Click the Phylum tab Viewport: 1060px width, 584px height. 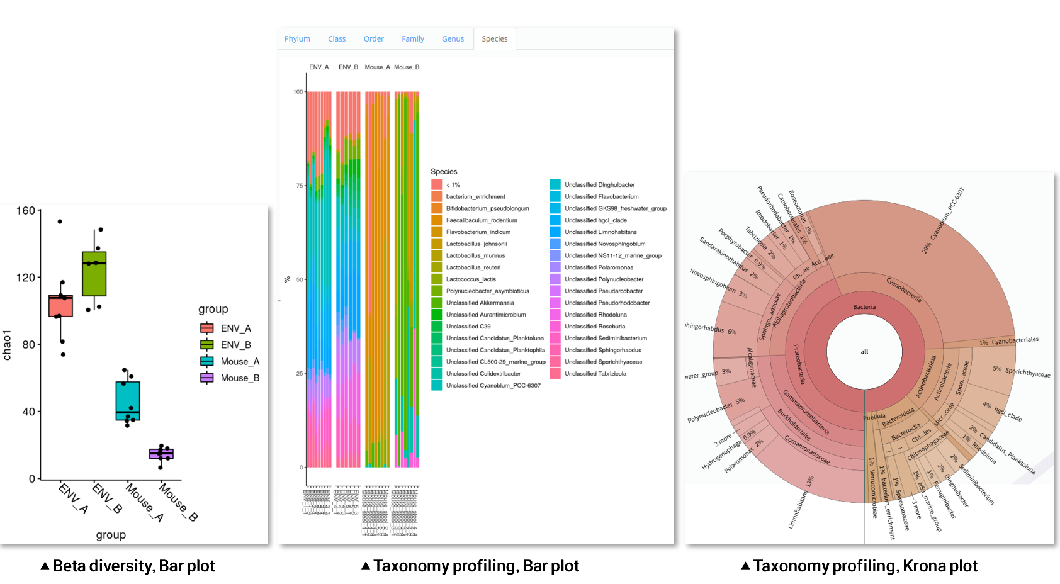pyautogui.click(x=297, y=39)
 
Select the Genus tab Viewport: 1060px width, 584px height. pyautogui.click(x=453, y=39)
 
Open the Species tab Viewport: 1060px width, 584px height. pyautogui.click(x=494, y=39)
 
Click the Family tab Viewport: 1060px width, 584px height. pyautogui.click(x=413, y=39)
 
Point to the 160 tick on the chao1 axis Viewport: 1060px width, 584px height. pyautogui.click(x=26, y=211)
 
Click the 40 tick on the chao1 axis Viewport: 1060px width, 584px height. pyautogui.click(x=29, y=412)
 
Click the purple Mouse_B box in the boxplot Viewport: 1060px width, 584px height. pyautogui.click(x=161, y=454)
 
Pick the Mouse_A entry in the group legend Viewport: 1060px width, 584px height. pyautogui.click(x=239, y=361)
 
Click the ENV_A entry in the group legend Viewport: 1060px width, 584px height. pyautogui.click(x=235, y=328)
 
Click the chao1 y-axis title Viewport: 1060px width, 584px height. pyautogui.click(x=7, y=345)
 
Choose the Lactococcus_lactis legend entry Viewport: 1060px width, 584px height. pyautogui.click(x=471, y=279)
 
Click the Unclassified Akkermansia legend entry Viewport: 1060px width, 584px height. pyautogui.click(x=480, y=303)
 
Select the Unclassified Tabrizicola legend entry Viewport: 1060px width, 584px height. pyautogui.click(x=595, y=374)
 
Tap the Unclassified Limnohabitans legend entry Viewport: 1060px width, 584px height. pyautogui.click(x=600, y=232)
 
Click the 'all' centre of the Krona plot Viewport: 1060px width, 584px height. pyautogui.click(x=864, y=352)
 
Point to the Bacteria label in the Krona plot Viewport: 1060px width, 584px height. pyautogui.click(x=864, y=307)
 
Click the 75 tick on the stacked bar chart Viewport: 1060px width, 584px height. pyautogui.click(x=299, y=186)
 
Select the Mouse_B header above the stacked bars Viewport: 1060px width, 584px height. pyautogui.click(x=407, y=67)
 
